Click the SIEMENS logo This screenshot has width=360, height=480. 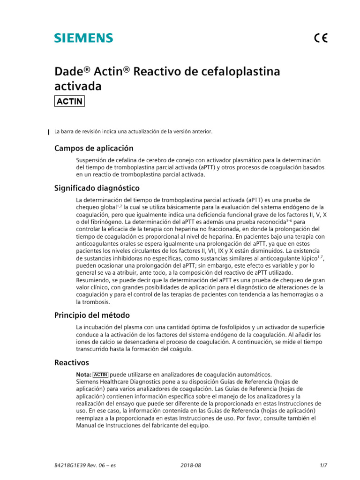coord(83,38)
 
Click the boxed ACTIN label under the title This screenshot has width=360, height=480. coord(70,101)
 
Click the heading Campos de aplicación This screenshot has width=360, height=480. coord(90,149)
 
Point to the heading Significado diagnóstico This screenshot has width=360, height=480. coord(97,188)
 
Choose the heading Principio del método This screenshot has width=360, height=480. coord(92,315)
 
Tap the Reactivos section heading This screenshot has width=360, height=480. coord(72,363)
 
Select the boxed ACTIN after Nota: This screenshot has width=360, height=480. coord(101,375)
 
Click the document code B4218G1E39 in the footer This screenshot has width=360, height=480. coord(71,465)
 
